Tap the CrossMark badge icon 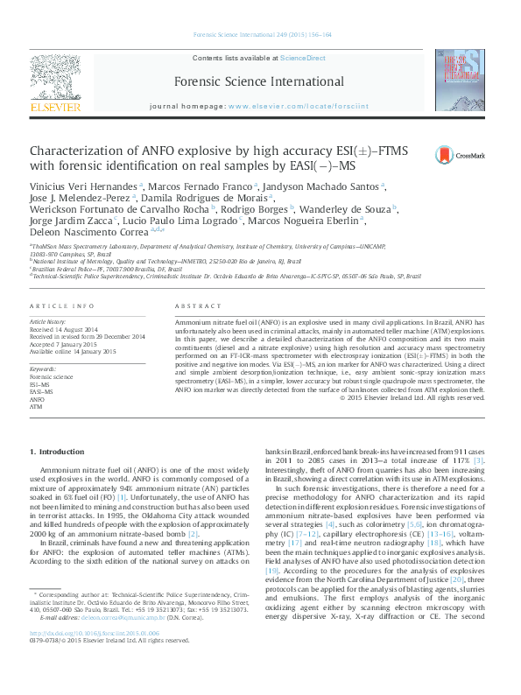tap(472, 156)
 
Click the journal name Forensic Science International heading tap(259, 80)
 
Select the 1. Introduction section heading tap(58, 452)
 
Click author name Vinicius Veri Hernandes tap(82, 186)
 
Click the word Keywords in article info tap(43, 369)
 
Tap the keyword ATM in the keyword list tap(36, 407)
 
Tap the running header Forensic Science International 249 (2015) tap(260, 37)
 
